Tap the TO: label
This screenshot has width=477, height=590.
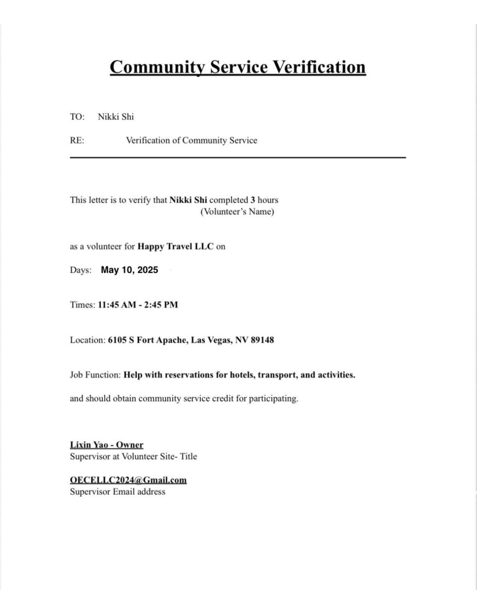pos(77,117)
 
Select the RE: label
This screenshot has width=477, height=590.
pos(77,141)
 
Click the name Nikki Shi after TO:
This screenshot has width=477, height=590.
pos(116,117)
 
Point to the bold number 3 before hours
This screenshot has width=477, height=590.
pos(253,200)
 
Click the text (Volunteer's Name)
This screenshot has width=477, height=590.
pos(237,212)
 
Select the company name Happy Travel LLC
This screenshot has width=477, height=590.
pos(175,247)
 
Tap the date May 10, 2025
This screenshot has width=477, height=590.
pos(130,270)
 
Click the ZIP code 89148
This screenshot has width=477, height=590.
pos(262,340)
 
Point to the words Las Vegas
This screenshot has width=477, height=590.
pos(211,340)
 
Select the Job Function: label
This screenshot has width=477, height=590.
pos(95,375)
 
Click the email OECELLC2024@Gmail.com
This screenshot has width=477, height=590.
pos(128,480)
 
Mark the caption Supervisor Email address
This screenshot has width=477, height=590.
pos(118,492)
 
